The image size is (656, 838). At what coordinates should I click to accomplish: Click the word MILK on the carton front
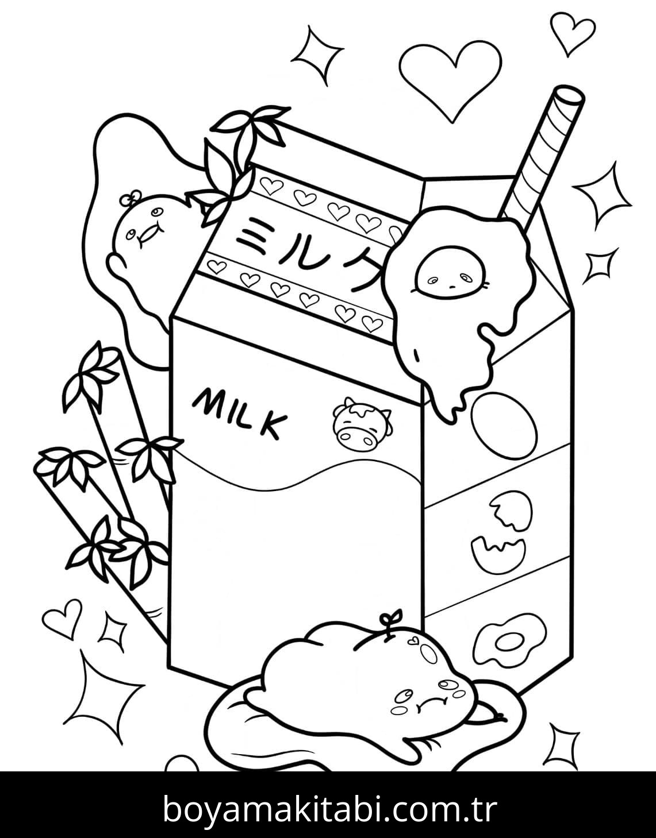coord(240,412)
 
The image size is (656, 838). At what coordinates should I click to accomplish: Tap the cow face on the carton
coord(362,425)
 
